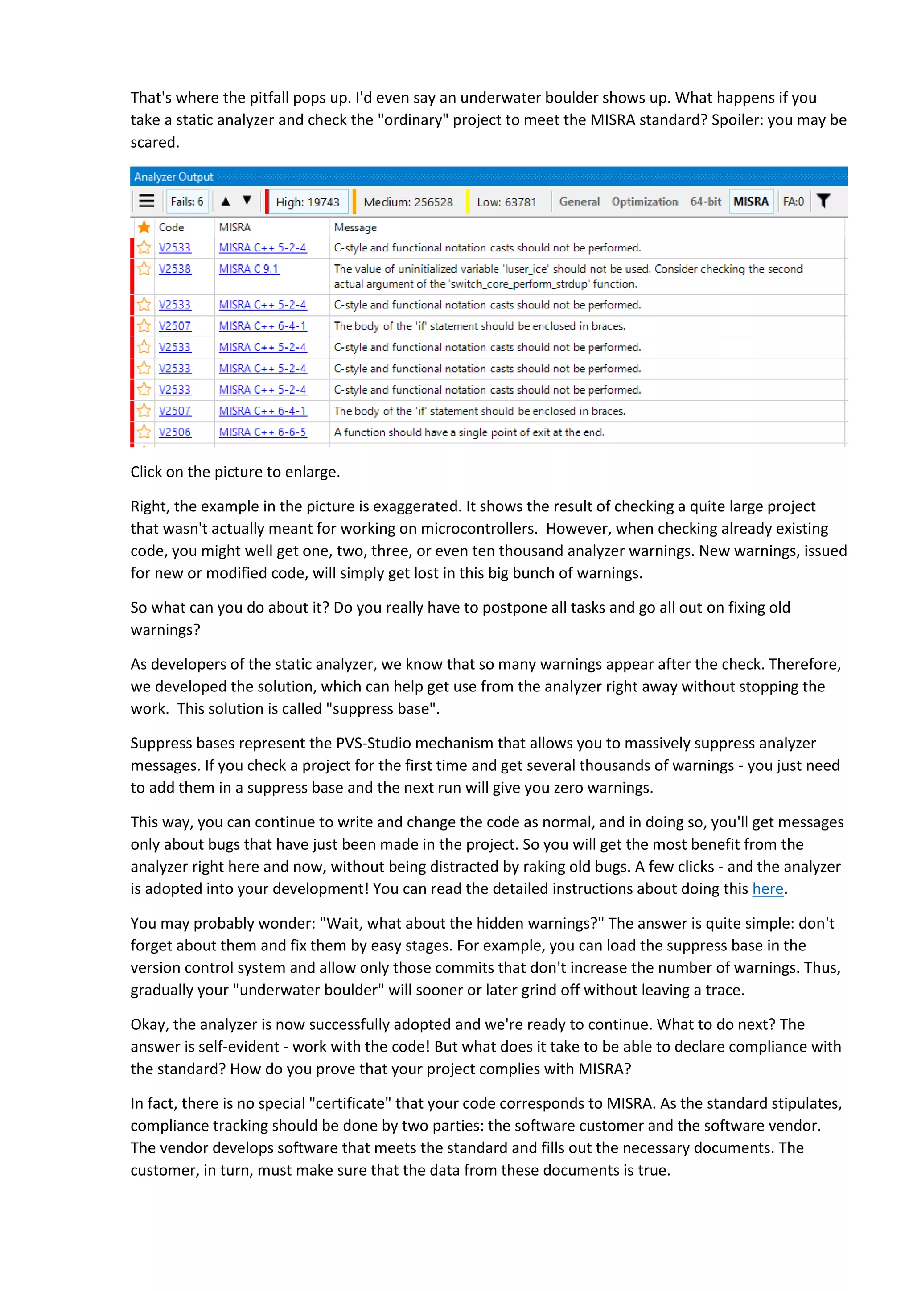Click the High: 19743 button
307,202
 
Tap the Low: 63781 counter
506,202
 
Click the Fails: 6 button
187,201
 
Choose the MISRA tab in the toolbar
751,201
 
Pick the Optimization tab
644,201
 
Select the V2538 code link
174,269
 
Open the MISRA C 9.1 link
248,269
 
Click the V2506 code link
174,432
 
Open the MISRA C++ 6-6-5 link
263,432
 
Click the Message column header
355,227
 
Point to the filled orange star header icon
144,227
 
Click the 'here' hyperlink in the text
767,888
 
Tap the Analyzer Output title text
173,177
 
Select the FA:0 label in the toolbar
793,201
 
